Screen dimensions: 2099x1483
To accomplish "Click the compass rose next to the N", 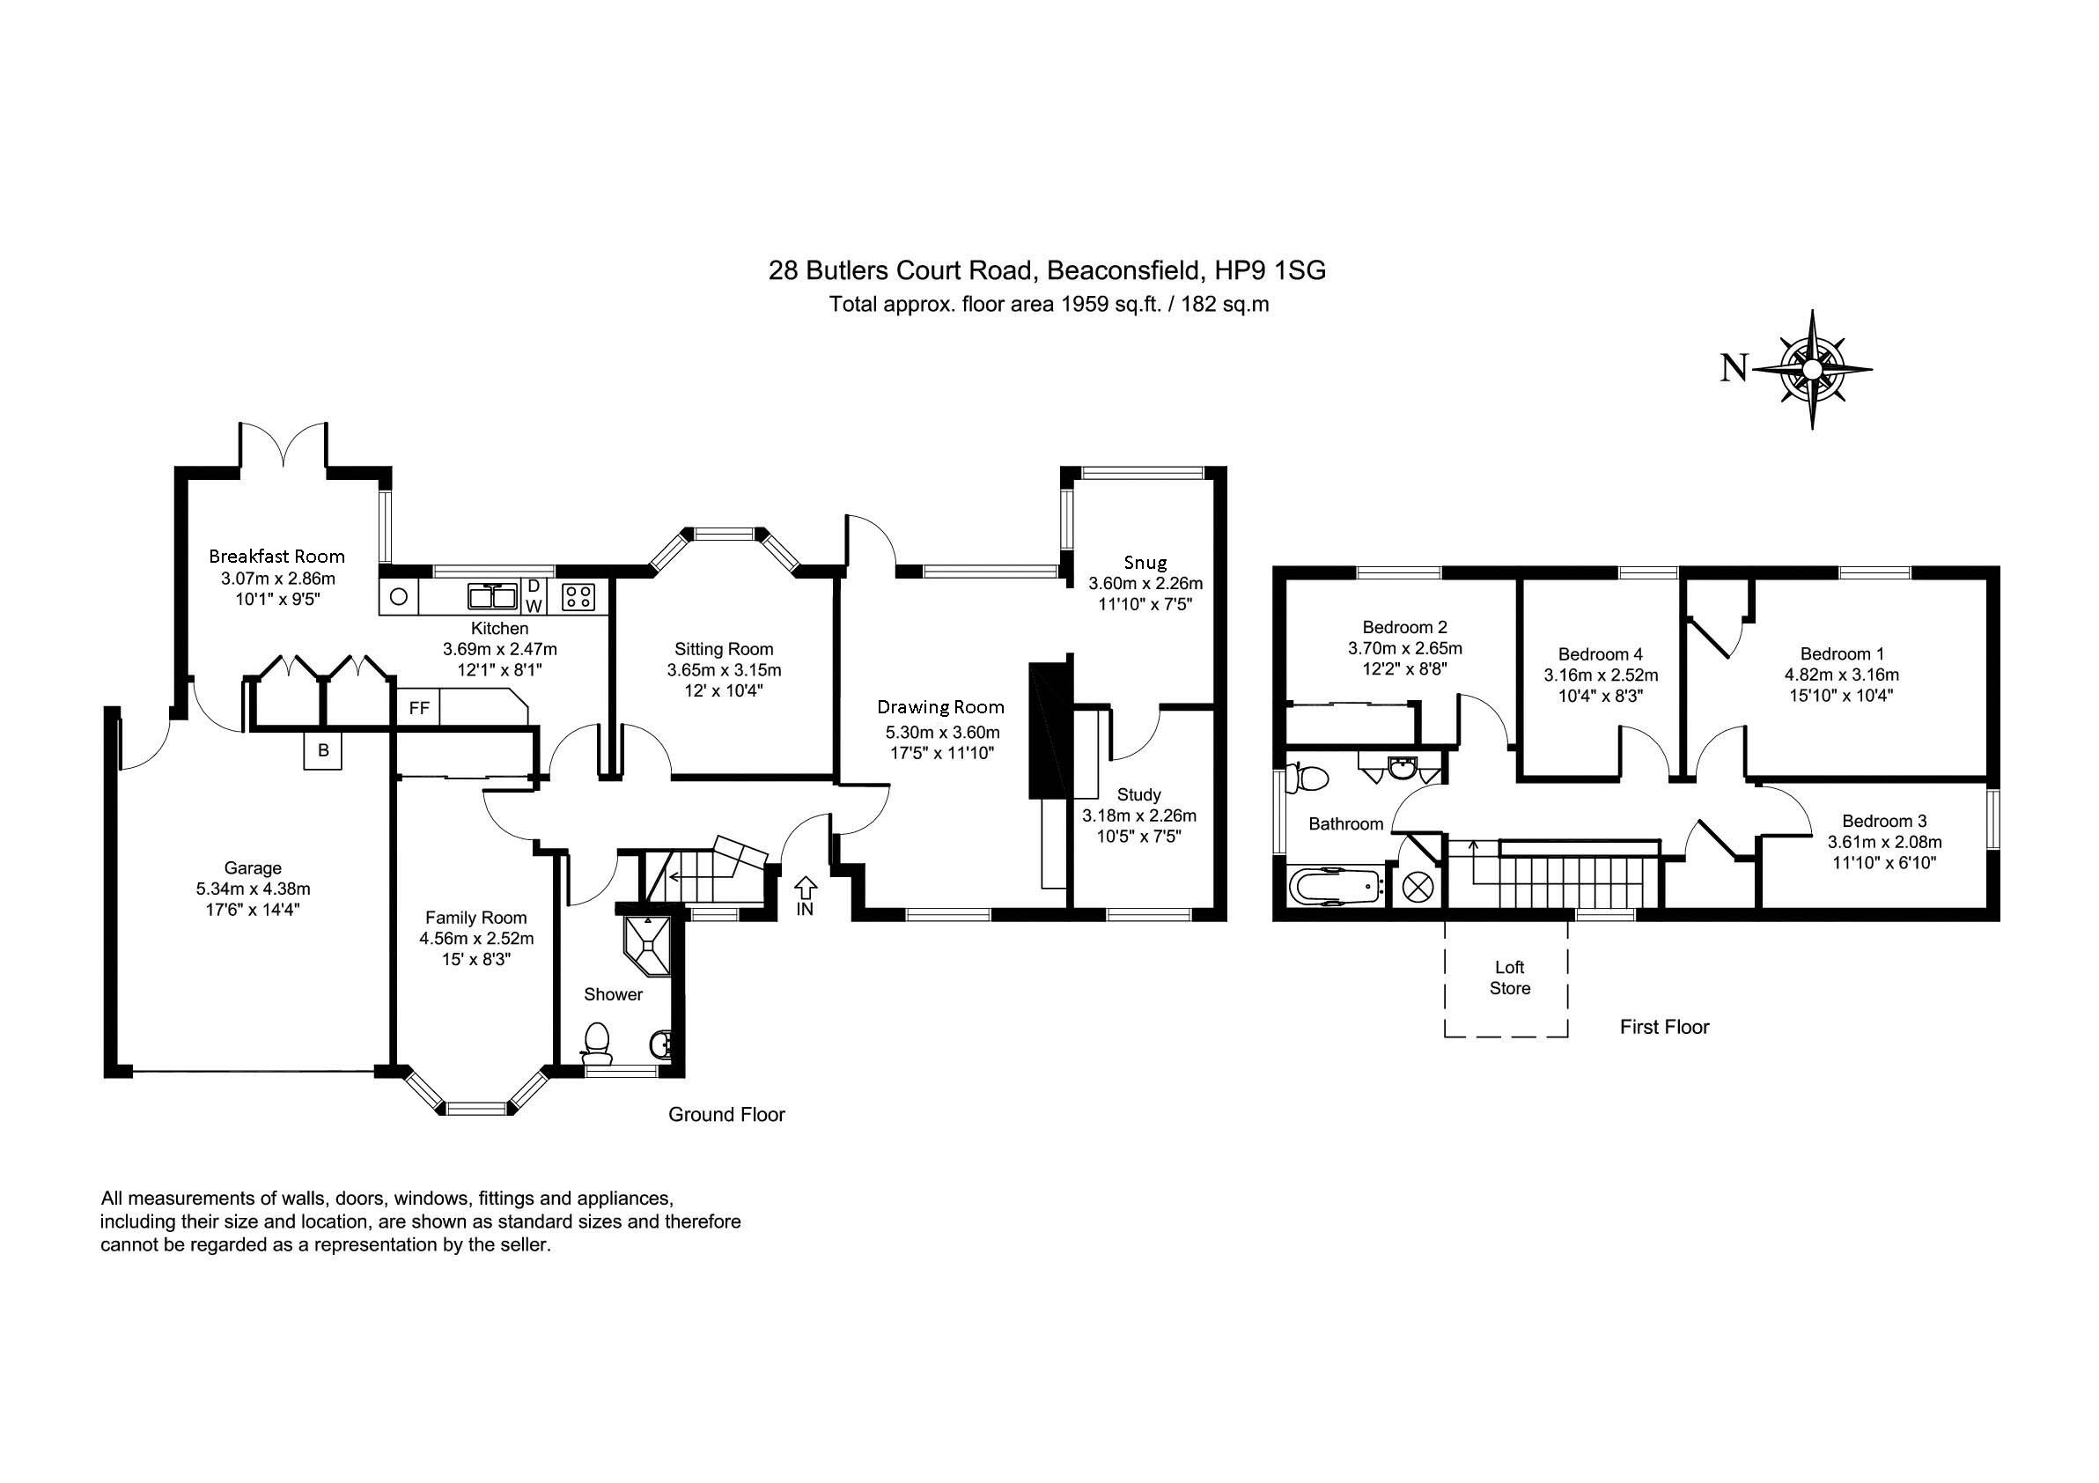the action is pyautogui.click(x=1811, y=369).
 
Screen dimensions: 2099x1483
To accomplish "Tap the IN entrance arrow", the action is pyautogui.click(x=806, y=886).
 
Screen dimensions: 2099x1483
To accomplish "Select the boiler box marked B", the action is pyautogui.click(x=323, y=749).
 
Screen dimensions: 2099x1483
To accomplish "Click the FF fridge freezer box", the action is pyautogui.click(x=419, y=708).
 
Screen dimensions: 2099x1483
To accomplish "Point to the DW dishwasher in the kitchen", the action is pyautogui.click(x=534, y=595).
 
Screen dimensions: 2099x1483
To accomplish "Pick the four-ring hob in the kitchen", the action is pyautogui.click(x=577, y=596).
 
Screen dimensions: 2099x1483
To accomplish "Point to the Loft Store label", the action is pyautogui.click(x=1509, y=978).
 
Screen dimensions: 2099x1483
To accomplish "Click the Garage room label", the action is pyautogui.click(x=254, y=867).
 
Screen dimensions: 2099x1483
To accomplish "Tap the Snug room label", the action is pyautogui.click(x=1145, y=563).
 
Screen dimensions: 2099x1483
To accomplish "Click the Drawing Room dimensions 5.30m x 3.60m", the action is pyautogui.click(x=941, y=733).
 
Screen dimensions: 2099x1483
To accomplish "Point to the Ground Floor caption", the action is pyautogui.click(x=726, y=1115).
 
